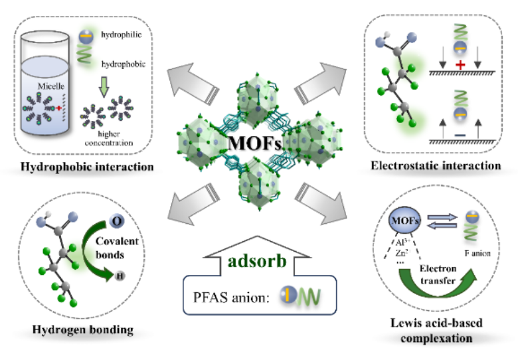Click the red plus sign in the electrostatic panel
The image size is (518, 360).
[x=460, y=65]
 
